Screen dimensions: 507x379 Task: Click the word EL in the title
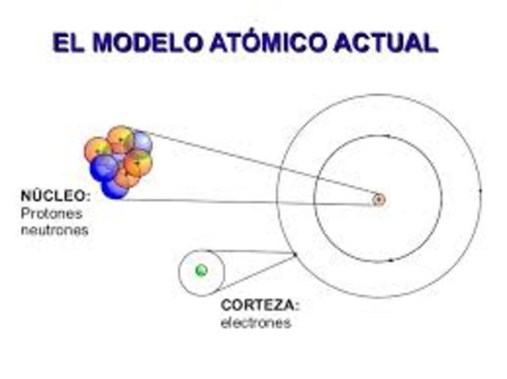[x=67, y=42]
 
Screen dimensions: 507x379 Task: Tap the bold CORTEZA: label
[x=261, y=305]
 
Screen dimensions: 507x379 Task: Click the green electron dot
[x=201, y=271]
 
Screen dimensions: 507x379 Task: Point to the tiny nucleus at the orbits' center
[x=379, y=199]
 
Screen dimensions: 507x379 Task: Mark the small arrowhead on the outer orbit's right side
[x=479, y=191]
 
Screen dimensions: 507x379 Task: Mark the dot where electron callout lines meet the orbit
[x=296, y=255]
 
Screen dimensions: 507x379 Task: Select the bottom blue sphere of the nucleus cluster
[x=116, y=189]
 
